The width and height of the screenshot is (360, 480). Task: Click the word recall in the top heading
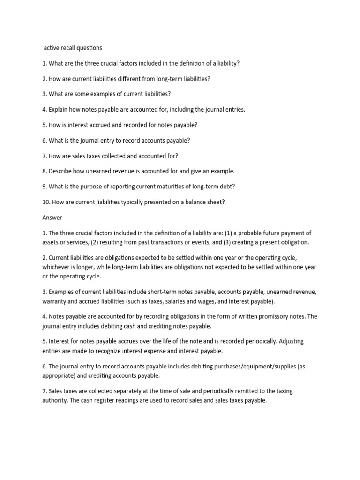coord(70,47)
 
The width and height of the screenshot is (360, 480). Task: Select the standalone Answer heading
coord(52,217)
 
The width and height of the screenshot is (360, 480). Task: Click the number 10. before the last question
coord(46,202)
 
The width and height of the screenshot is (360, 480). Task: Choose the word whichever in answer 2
coord(58,267)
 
